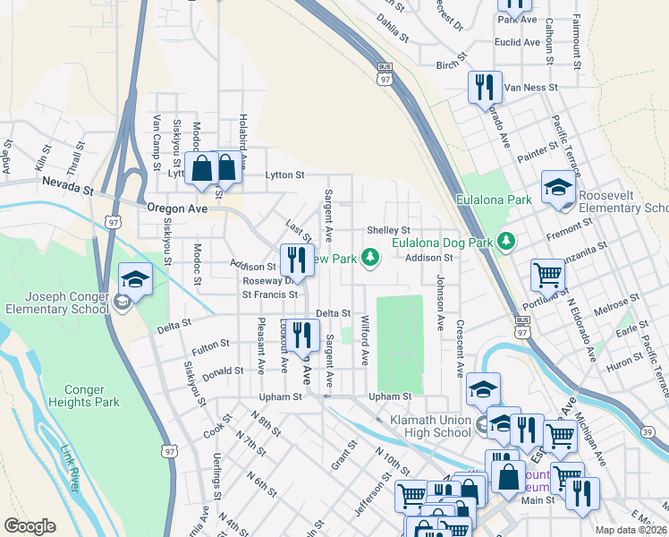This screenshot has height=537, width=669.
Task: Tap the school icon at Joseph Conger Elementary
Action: coord(135,278)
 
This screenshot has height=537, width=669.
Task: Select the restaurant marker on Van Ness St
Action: coord(483,87)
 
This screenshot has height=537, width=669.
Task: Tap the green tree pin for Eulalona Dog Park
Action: coord(506,241)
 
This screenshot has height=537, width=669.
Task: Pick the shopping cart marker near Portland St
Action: coord(547,275)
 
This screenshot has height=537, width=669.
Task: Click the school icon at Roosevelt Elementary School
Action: coord(558,187)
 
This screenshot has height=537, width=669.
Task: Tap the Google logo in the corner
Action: coord(30,526)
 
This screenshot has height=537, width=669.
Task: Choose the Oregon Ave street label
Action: coord(176,209)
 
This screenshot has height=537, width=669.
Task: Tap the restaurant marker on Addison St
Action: coord(295,260)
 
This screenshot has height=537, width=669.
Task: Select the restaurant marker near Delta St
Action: coord(303,335)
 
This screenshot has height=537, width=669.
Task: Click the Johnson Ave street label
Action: coord(440,292)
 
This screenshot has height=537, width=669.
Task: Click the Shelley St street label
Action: coord(387,231)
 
